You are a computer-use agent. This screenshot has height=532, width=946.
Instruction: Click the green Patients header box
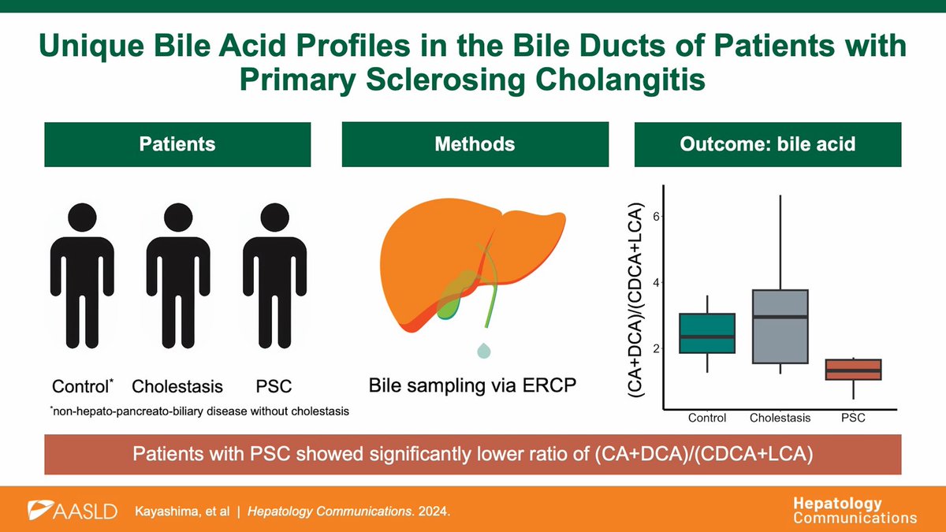(177, 143)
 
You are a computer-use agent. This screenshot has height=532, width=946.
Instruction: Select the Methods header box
(475, 143)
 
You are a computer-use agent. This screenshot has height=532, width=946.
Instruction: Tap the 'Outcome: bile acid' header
(768, 143)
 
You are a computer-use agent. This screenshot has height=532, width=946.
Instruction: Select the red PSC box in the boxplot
(852, 370)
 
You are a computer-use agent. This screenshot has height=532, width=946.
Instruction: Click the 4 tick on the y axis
(654, 282)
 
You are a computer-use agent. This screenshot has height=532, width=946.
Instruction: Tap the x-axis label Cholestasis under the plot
(779, 418)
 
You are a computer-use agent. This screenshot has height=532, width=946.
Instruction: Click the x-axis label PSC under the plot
(852, 418)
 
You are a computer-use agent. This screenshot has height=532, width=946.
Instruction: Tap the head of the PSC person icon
(273, 219)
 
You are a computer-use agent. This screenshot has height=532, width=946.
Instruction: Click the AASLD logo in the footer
(73, 511)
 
